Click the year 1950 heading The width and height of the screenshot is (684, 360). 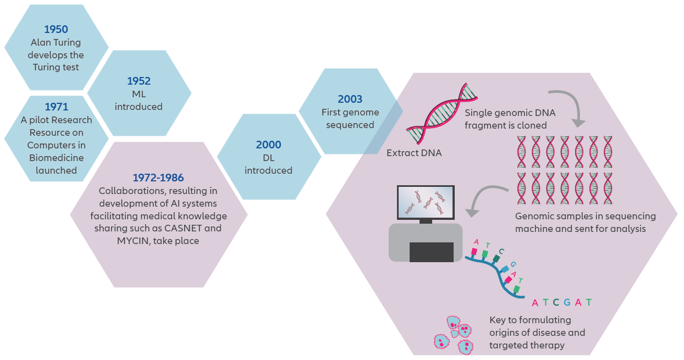pyautogui.click(x=56, y=29)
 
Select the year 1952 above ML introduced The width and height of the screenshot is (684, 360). pyautogui.click(x=139, y=81)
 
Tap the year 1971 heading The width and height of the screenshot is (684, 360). pyautogui.click(x=56, y=107)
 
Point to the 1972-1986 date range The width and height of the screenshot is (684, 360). pyautogui.click(x=158, y=178)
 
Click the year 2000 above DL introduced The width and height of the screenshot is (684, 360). pyautogui.click(x=268, y=145)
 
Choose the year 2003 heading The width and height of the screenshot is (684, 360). pyautogui.click(x=350, y=99)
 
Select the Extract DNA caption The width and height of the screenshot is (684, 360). pyautogui.click(x=413, y=153)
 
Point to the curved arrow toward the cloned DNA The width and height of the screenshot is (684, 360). pyautogui.click(x=566, y=104)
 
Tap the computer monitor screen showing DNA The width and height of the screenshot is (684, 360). pyautogui.click(x=426, y=202)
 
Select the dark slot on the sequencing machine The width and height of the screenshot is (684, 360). pyautogui.click(x=432, y=252)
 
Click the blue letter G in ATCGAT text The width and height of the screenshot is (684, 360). pyautogui.click(x=567, y=302)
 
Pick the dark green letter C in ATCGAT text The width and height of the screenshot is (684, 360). pyautogui.click(x=556, y=302)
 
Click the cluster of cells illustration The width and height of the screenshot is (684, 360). pyautogui.click(x=453, y=334)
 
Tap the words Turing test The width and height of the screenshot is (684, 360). pyautogui.click(x=56, y=68)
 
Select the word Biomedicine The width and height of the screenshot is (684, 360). pyautogui.click(x=56, y=158)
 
